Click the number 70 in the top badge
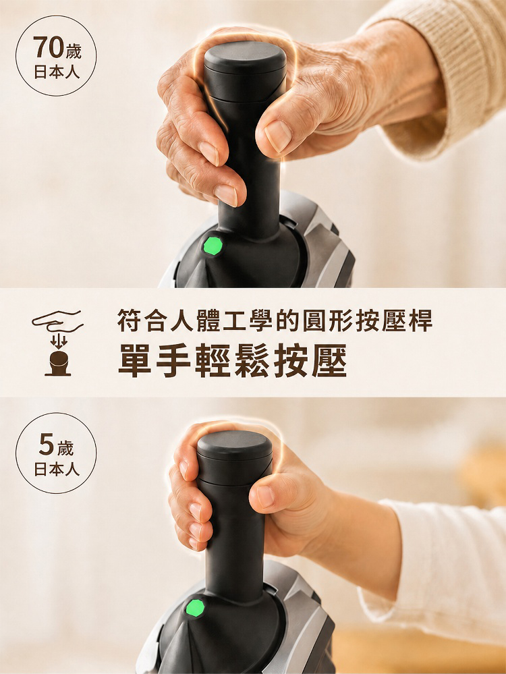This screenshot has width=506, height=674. pyautogui.click(x=48, y=47)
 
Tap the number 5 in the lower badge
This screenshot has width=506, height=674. pyautogui.click(x=46, y=445)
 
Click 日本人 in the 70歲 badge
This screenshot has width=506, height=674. pyautogui.click(x=57, y=72)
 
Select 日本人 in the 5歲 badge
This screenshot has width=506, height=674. pyautogui.click(x=57, y=469)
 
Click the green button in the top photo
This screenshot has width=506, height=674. pyautogui.click(x=213, y=246)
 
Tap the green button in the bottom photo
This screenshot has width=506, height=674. pyautogui.click(x=195, y=609)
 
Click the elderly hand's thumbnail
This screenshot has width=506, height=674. pyautogui.click(x=278, y=136)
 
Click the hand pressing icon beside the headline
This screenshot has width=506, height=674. pyautogui.click(x=57, y=343)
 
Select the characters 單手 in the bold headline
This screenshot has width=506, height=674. pyautogui.click(x=154, y=360)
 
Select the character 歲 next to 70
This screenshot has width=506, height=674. pyautogui.click(x=73, y=51)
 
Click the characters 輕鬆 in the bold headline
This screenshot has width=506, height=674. pyautogui.click(x=232, y=360)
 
